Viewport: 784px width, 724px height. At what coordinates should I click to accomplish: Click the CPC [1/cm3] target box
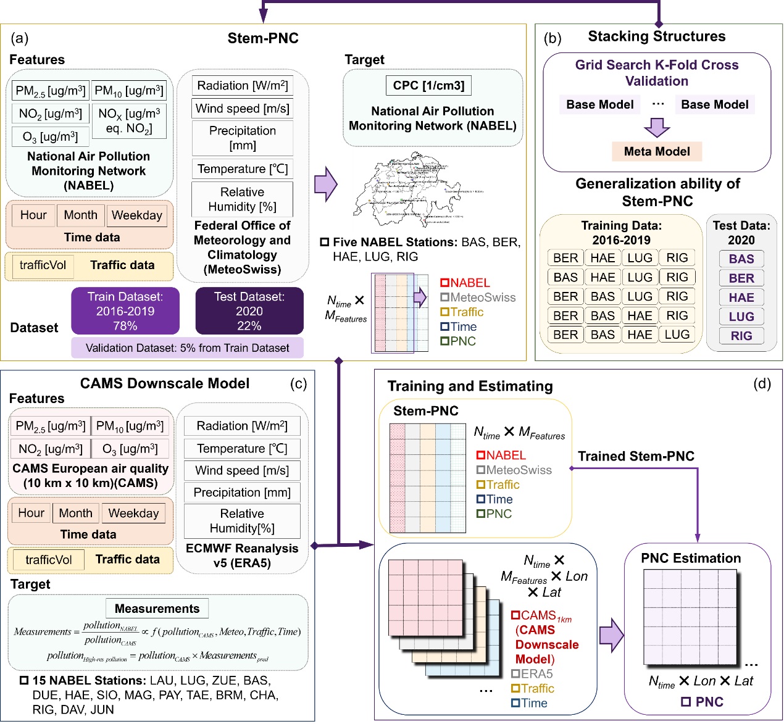tap(428, 86)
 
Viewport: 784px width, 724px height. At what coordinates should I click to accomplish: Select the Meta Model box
tap(657, 151)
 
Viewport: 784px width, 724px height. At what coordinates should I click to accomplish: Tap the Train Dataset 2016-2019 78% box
tap(125, 311)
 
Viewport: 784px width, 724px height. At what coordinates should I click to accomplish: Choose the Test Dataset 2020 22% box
tap(249, 311)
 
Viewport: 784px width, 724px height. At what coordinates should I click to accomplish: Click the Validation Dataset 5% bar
tap(187, 348)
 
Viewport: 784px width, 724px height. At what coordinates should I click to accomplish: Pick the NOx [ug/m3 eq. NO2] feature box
tap(129, 121)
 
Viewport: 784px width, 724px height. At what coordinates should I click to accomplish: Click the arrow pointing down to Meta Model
tap(657, 127)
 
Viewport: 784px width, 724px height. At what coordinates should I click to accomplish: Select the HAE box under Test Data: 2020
tap(741, 298)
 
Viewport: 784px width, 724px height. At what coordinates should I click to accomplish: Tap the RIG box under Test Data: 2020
tap(741, 336)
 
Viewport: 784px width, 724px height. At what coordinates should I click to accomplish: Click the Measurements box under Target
tap(157, 609)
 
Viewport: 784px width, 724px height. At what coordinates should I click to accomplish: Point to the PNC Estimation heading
tap(691, 559)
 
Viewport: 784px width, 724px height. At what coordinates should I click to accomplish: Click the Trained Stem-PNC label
tap(636, 456)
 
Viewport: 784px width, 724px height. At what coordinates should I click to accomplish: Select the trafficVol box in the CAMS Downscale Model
tap(49, 560)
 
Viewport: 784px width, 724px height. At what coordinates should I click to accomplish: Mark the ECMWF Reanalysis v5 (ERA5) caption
tap(242, 555)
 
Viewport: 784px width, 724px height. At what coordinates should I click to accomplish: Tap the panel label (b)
tap(553, 38)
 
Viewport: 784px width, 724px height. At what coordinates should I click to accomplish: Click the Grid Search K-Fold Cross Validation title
tap(657, 73)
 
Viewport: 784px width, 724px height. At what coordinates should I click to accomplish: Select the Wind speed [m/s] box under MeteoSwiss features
tap(242, 109)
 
